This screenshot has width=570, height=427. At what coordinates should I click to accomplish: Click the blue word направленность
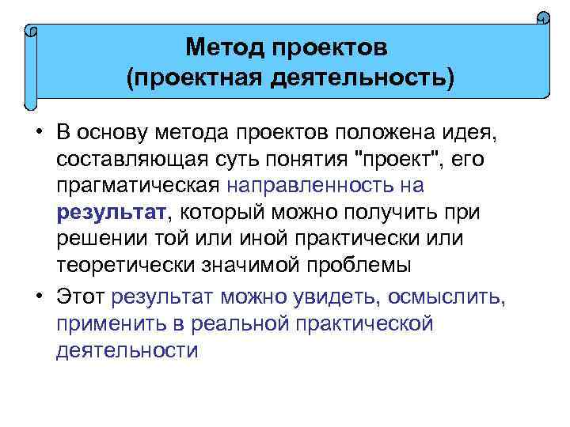pyautogui.click(x=317, y=187)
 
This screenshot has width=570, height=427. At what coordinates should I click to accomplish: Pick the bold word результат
pyautogui.click(x=111, y=213)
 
